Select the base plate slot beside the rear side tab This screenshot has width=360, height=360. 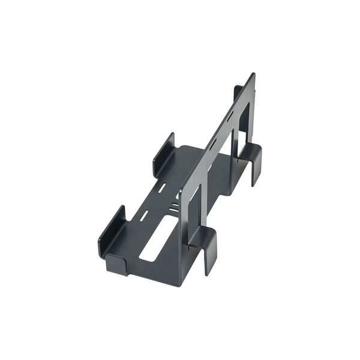pos(163,187)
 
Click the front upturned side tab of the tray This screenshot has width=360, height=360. pos(112,232)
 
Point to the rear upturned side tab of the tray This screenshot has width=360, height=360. pos(163,154)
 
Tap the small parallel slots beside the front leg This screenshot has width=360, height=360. pos(173,207)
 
